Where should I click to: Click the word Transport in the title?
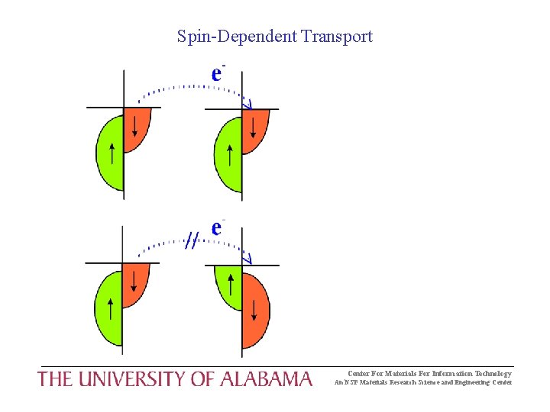coord(337,36)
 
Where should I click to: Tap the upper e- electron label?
coord(218,73)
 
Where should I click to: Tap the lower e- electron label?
coord(218,227)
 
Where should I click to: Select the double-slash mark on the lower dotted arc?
coord(192,242)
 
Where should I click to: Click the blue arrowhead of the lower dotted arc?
coord(246,258)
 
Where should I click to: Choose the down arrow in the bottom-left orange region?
coord(134,281)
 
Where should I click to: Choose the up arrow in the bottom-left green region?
coord(112,309)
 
